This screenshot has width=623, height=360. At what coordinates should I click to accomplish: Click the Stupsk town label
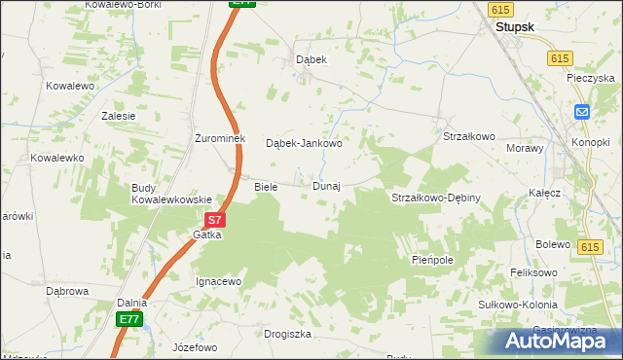point(515,28)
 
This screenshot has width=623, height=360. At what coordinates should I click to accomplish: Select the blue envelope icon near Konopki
point(582,112)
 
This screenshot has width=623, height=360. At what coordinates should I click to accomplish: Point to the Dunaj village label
point(326,186)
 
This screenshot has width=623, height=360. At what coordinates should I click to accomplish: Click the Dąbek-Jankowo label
point(305,143)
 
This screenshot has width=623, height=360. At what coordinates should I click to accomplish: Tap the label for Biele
point(266,186)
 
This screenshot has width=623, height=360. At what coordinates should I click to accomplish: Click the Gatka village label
point(207,235)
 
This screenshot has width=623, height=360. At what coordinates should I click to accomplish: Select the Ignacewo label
point(218,281)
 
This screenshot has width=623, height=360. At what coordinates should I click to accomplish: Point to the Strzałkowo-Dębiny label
point(435,198)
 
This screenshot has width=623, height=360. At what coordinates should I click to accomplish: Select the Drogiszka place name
point(287,334)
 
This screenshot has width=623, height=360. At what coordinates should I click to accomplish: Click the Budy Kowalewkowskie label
point(172,194)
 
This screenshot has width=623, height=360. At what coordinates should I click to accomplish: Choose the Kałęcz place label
point(544,193)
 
